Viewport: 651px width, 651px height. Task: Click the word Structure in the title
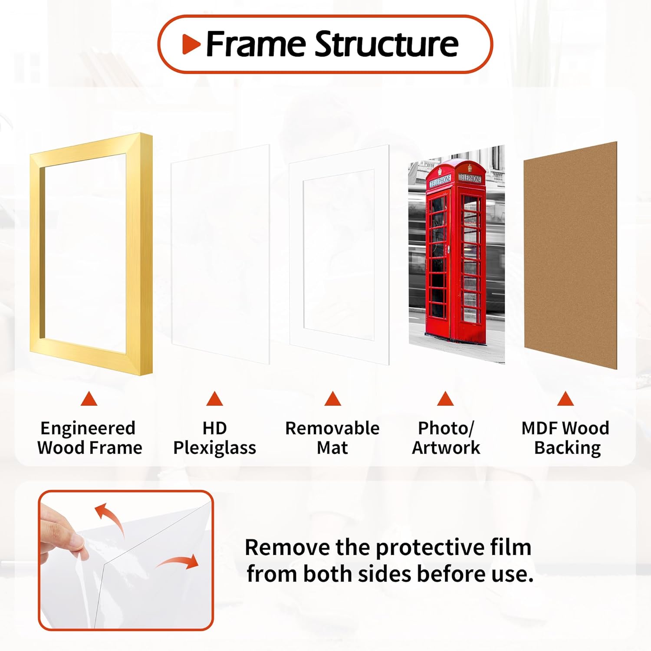pyautogui.click(x=386, y=45)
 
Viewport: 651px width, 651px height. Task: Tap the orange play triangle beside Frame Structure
pyautogui.click(x=191, y=44)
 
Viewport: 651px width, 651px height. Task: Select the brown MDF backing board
pyautogui.click(x=570, y=256)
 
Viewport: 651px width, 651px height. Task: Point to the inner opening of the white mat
pyautogui.click(x=339, y=254)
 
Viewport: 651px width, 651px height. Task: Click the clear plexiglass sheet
pyautogui.click(x=220, y=254)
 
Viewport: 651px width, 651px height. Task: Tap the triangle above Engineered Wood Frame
pyautogui.click(x=89, y=399)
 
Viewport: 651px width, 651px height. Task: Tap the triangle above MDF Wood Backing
pyautogui.click(x=565, y=399)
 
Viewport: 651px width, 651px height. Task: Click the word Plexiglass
pyautogui.click(x=214, y=448)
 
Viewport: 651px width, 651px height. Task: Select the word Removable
pyautogui.click(x=332, y=428)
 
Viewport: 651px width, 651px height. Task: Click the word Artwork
pyautogui.click(x=446, y=448)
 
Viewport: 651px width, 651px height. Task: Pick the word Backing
pyautogui.click(x=567, y=448)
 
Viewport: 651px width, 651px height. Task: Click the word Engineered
pyautogui.click(x=88, y=428)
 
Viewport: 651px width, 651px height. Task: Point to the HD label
pyautogui.click(x=214, y=428)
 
